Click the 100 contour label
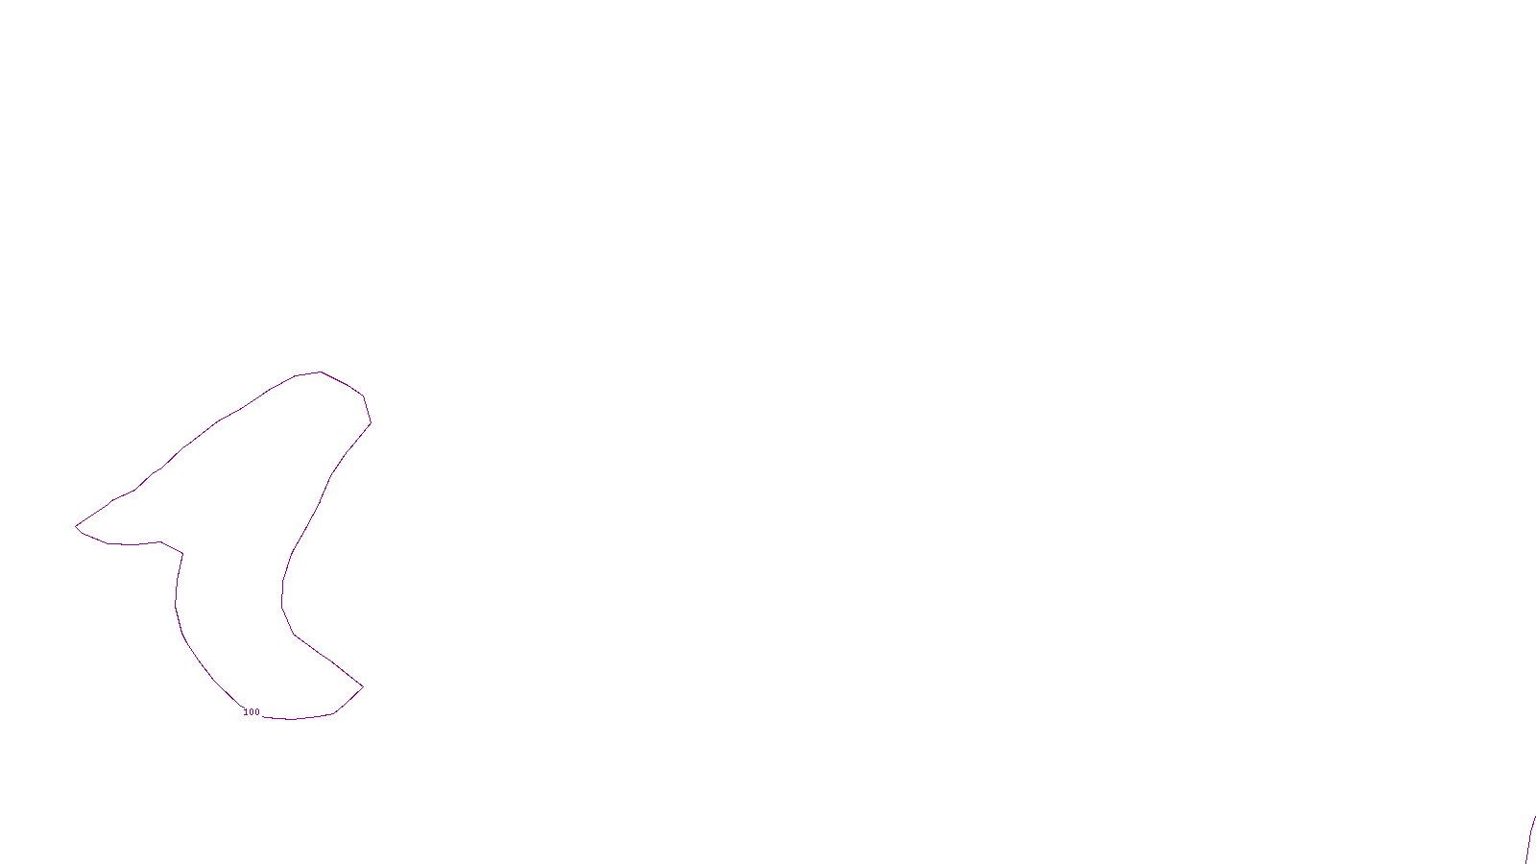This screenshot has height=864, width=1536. [252, 712]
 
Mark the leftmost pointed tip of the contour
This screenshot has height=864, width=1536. [76, 525]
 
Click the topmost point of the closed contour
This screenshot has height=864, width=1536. [320, 372]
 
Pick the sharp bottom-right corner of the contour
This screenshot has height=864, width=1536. [363, 686]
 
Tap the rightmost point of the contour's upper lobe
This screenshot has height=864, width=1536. [371, 422]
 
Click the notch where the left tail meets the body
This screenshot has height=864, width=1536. [182, 553]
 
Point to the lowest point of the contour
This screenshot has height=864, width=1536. [292, 719]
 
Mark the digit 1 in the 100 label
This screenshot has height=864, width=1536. [246, 712]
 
